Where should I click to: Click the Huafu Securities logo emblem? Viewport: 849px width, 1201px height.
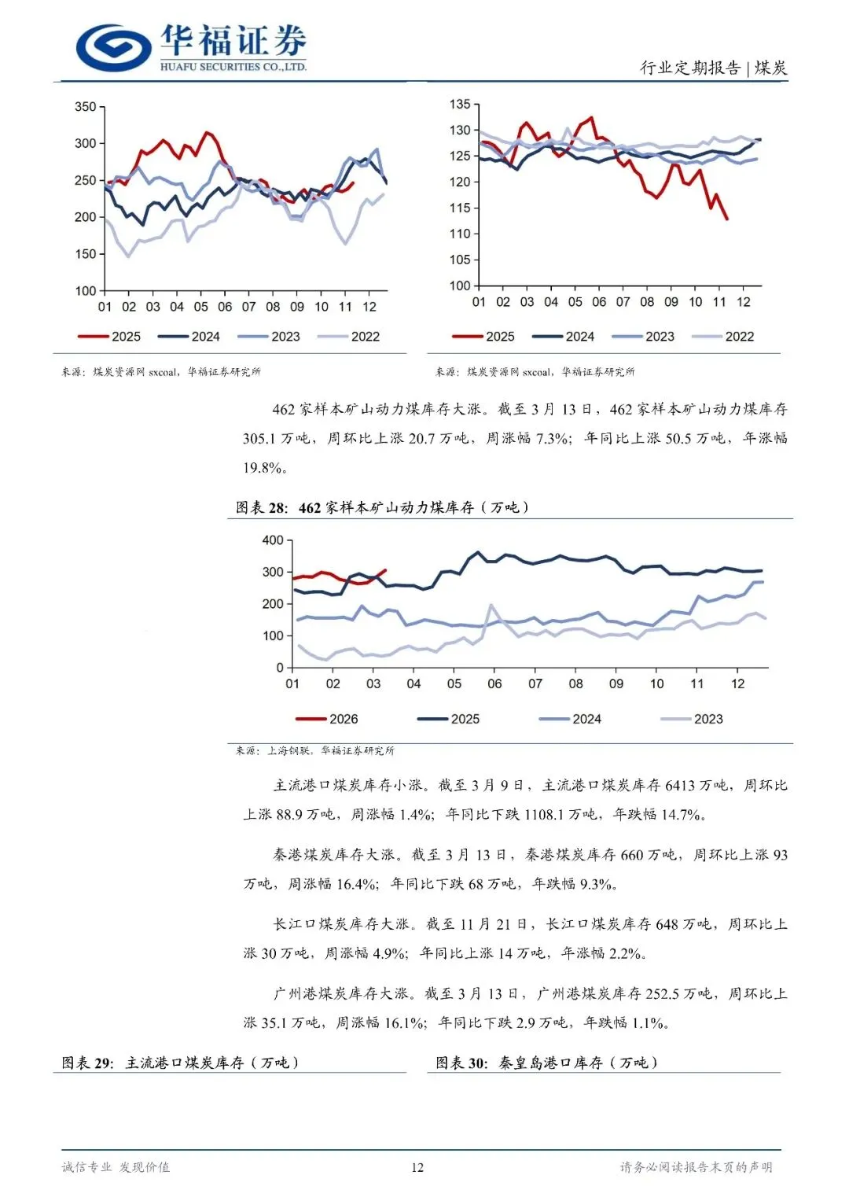[x=114, y=47]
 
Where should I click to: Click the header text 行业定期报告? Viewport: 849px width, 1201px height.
[x=690, y=68]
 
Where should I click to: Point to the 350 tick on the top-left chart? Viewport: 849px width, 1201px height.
[x=85, y=107]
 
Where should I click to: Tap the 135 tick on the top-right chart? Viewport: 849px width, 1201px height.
[x=460, y=105]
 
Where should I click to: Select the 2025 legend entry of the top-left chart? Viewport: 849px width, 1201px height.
[x=110, y=337]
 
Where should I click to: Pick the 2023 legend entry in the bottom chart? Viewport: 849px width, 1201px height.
[x=692, y=719]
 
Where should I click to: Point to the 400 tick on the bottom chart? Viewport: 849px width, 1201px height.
[x=273, y=540]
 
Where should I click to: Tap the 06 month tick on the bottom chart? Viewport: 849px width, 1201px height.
[x=494, y=683]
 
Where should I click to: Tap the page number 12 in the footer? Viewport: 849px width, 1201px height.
[x=417, y=1167]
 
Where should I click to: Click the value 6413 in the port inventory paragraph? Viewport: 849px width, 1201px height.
[x=680, y=785]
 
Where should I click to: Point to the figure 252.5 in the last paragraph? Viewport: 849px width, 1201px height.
[x=662, y=993]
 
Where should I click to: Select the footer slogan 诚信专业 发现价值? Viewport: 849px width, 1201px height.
[x=116, y=1167]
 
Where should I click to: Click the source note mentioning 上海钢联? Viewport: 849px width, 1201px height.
[x=315, y=751]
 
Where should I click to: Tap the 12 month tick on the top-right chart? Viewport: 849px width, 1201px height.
[x=744, y=302]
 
